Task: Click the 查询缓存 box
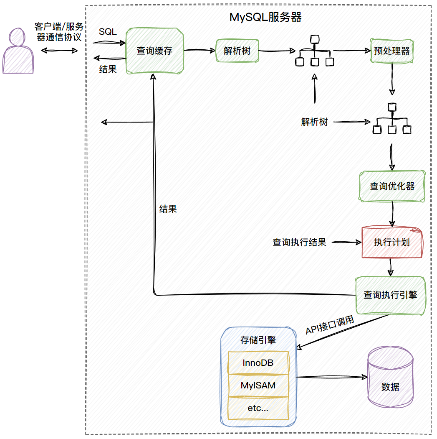coord(154,51)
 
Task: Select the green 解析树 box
coord(237,51)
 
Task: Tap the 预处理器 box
coord(392,51)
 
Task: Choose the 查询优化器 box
coord(392,186)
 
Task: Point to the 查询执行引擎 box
coord(390,295)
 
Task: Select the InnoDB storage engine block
coord(258,363)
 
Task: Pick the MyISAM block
coord(258,385)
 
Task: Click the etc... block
coord(258,408)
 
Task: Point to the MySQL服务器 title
coord(265,18)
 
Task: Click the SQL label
coord(108,32)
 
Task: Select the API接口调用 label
coord(330,325)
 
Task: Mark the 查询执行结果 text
coord(299,242)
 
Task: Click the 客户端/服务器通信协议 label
coord(59,32)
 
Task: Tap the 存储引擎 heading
coord(258,340)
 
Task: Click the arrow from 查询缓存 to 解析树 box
coord(200,51)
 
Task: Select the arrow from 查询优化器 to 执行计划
coord(392,214)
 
